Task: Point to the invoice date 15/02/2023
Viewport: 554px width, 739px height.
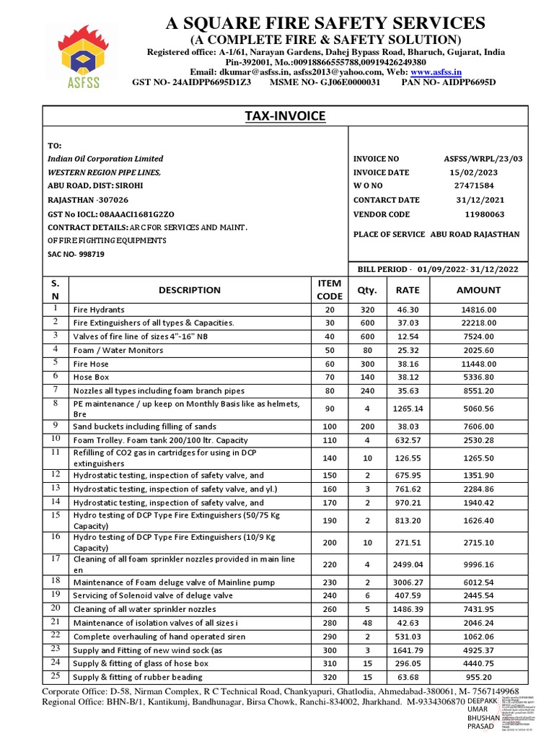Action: [473, 172]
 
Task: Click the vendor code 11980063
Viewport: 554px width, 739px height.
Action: [484, 214]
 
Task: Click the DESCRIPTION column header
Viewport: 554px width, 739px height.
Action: [190, 290]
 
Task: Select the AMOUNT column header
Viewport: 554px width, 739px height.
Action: [478, 290]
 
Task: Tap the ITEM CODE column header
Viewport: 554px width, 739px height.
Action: [330, 290]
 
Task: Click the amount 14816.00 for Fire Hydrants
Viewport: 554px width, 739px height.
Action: [478, 310]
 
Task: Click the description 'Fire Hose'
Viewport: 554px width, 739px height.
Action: [91, 364]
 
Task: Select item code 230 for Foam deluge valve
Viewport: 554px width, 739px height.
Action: [330, 582]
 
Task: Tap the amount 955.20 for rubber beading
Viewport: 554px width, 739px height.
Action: [478, 678]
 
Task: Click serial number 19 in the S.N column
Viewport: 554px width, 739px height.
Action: [56, 595]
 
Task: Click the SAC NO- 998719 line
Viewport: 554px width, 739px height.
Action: [76, 255]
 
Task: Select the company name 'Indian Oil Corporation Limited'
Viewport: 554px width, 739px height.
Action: [105, 159]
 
